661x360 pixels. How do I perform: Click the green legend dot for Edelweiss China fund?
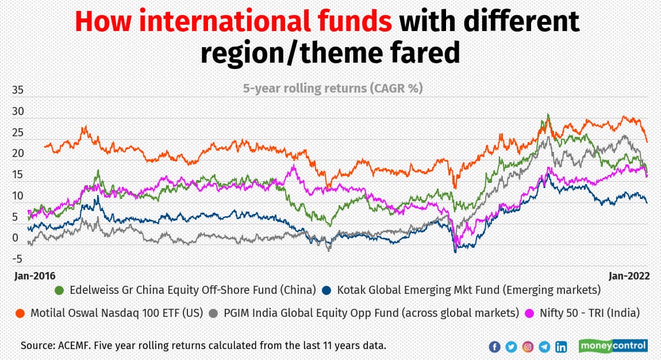point(59,290)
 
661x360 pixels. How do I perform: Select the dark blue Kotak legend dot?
point(328,290)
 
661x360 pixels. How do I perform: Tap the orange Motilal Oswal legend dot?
point(20,313)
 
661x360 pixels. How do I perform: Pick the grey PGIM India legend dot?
point(213,313)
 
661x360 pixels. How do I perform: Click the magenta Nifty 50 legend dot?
point(532,313)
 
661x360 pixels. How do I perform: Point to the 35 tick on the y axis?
point(18,90)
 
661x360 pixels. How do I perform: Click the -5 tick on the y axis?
point(18,259)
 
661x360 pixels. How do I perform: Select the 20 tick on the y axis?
point(18,154)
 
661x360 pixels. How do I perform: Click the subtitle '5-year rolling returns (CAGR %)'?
point(332,89)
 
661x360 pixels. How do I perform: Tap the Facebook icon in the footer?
point(494,347)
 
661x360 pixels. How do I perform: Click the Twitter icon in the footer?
point(511,347)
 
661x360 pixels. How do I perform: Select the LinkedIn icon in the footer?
point(561,347)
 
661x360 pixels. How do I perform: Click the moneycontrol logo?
point(613,346)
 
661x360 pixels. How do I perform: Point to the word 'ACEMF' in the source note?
point(75,346)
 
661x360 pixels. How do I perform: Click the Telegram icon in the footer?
point(544,347)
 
